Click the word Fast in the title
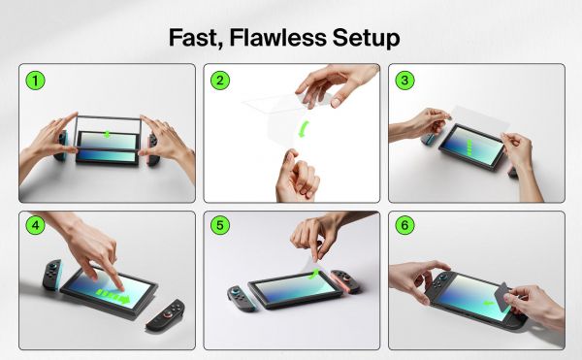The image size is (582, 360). (x=198, y=38)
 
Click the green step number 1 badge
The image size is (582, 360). (x=35, y=81)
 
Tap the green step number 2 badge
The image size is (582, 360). (x=220, y=81)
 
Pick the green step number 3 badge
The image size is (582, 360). (x=404, y=81)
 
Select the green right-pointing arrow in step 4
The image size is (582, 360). (x=124, y=297)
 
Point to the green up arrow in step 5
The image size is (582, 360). (x=311, y=276)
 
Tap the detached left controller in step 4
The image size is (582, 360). (x=50, y=277)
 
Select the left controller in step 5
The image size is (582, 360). (x=238, y=298)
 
